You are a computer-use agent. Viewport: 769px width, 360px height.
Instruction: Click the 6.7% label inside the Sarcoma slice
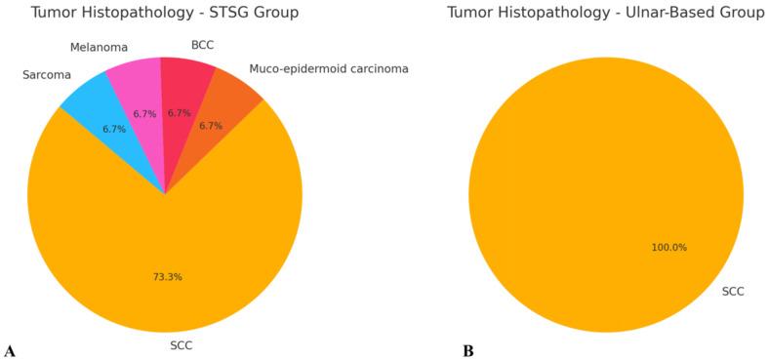(115, 129)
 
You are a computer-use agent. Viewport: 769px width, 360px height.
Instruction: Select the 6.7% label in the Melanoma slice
(145, 114)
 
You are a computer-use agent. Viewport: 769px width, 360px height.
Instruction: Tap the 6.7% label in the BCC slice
(180, 112)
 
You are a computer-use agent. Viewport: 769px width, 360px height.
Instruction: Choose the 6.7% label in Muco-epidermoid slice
(212, 126)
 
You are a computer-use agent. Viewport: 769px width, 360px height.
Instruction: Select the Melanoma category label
(99, 47)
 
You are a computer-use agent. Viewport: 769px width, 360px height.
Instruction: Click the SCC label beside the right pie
(734, 291)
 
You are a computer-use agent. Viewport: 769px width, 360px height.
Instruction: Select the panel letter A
(10, 349)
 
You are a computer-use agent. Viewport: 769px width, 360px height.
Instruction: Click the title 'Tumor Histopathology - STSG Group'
(164, 13)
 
